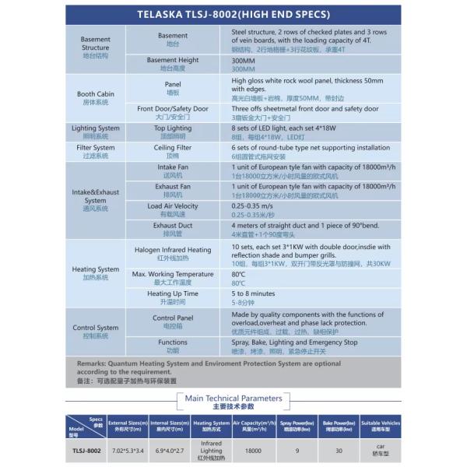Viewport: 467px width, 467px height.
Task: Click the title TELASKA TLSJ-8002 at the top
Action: tap(233, 14)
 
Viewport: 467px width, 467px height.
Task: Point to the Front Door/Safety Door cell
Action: tap(173, 112)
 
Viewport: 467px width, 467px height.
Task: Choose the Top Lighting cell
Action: tap(173, 131)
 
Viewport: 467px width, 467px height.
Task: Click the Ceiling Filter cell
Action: tap(173, 150)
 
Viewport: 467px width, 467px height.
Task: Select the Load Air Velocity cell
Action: tap(173, 209)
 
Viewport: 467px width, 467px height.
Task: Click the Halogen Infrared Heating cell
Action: tap(173, 253)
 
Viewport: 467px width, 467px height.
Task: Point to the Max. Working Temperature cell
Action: tap(173, 277)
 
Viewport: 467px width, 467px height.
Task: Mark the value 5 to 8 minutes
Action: tap(254, 293)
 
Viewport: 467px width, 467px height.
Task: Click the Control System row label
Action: tap(96, 332)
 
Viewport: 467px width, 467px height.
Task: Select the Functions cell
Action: tap(173, 346)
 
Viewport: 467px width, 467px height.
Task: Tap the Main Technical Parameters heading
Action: tap(233, 399)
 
